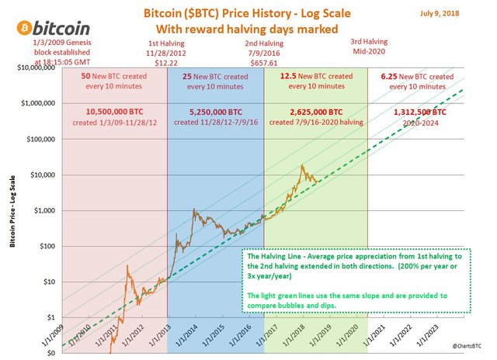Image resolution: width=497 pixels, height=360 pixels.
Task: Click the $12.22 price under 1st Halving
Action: pos(167,59)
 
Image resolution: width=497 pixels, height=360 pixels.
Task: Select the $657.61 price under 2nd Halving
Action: pos(264,59)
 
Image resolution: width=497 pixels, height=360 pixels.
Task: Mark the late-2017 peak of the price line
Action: pos(301,164)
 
